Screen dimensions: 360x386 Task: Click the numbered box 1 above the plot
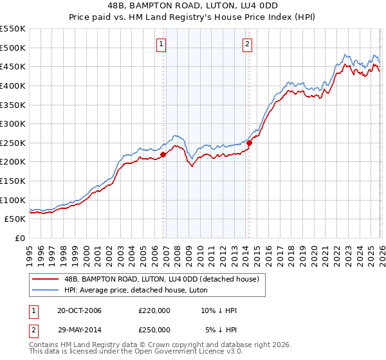160,44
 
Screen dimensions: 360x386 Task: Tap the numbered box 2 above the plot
247,44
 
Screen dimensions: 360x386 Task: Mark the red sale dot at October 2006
163,154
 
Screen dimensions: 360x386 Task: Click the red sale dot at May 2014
249,143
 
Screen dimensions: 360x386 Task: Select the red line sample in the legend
45,279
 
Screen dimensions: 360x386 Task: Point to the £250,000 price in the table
154,329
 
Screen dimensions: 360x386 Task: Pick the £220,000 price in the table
154,310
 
